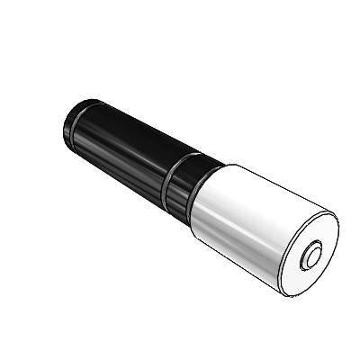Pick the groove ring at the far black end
(x=78, y=112)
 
